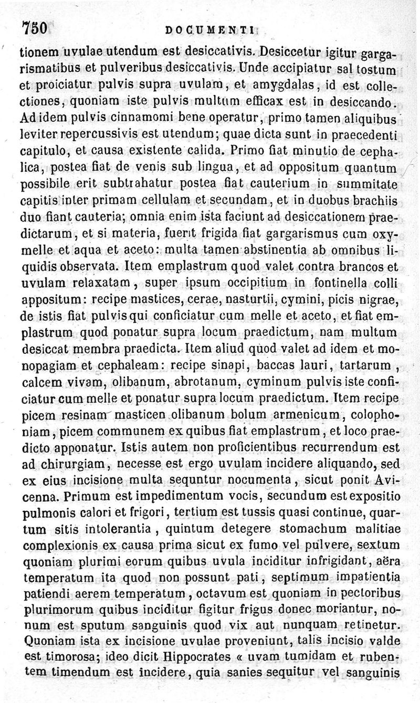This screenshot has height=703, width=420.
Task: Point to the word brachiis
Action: tap(380, 200)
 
